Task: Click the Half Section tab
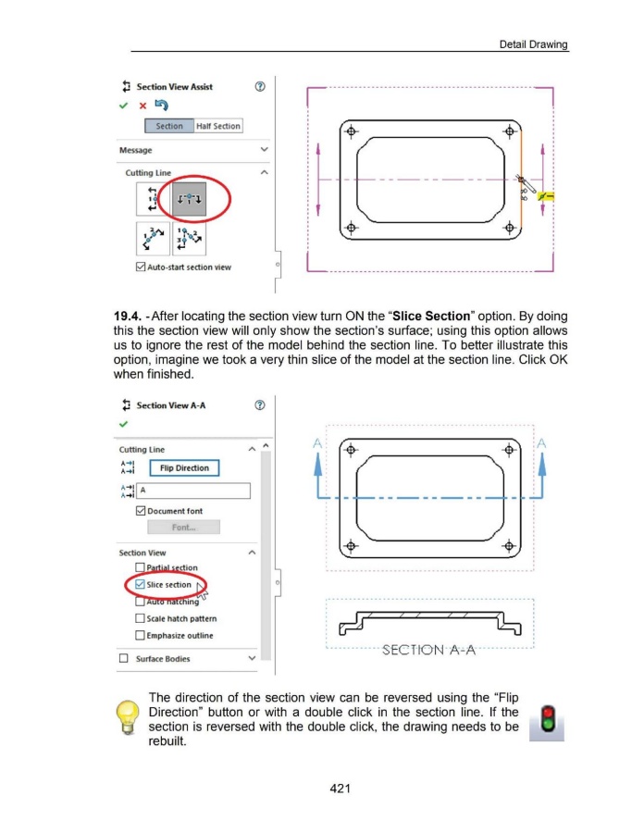point(218,126)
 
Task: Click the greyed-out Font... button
point(183,527)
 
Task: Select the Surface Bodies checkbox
point(124,659)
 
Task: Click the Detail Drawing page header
point(532,44)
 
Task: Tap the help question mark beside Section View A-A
point(247,405)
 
